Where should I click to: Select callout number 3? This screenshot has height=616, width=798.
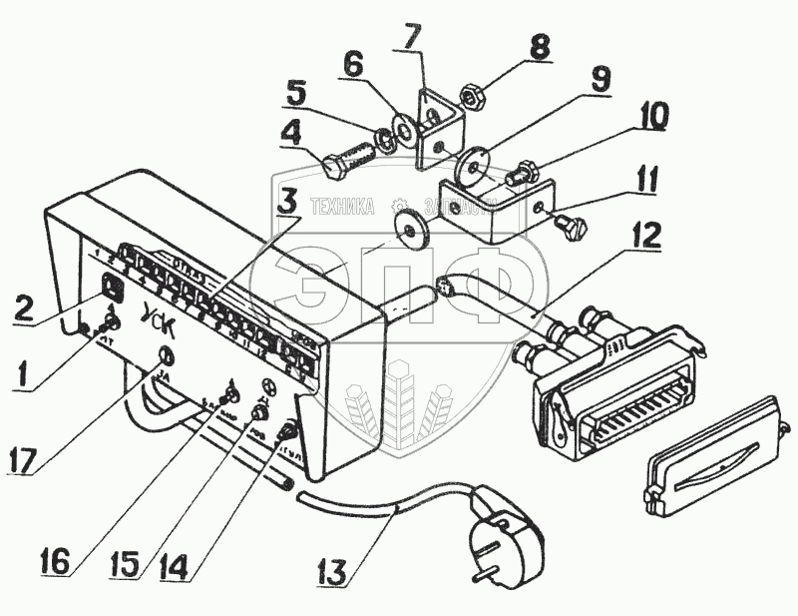click(286, 198)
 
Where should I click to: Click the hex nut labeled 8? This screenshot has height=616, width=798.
click(473, 97)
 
